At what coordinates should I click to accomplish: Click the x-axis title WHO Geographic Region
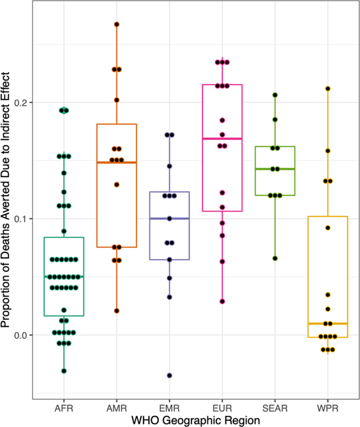196,420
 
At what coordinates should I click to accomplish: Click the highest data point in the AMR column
117,25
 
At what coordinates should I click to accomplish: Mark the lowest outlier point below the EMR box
169,375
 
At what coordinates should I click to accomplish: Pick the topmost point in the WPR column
327,89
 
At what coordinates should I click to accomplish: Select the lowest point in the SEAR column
274,258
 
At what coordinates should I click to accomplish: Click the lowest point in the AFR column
64,371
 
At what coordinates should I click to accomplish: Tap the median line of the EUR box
222,138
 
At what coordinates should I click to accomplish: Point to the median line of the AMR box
117,162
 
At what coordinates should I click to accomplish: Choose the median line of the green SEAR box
274,169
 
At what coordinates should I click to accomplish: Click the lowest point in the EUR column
222,301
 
